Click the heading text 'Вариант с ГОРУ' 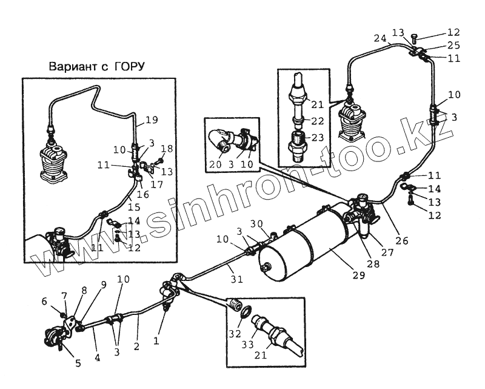point(101,66)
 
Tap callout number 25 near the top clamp point(453,46)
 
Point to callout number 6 point(44,301)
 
